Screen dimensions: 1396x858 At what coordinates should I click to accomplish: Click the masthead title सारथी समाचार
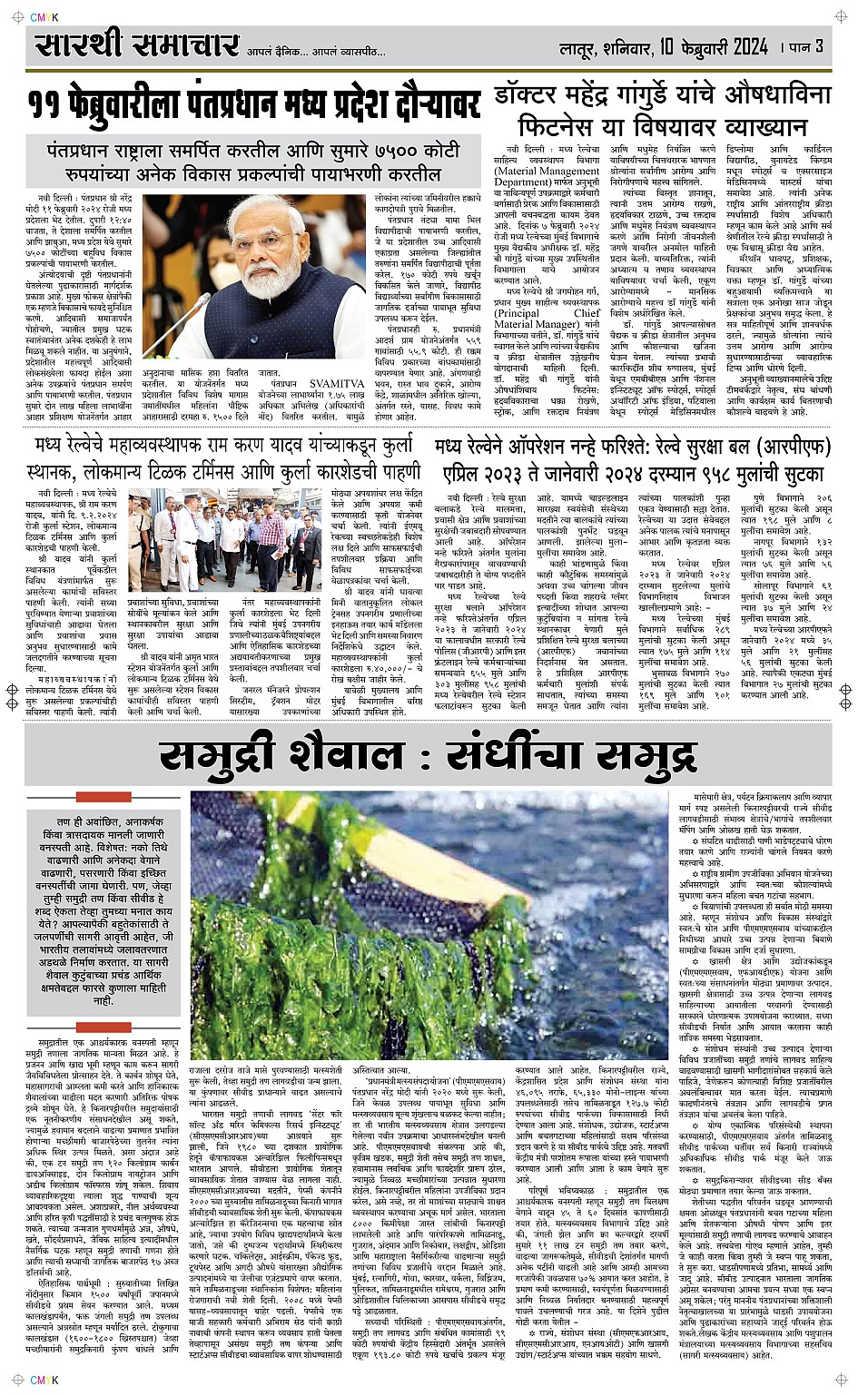click(x=136, y=44)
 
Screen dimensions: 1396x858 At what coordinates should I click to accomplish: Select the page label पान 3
click(x=804, y=46)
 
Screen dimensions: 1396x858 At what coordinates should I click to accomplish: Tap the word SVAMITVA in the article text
click(x=332, y=384)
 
